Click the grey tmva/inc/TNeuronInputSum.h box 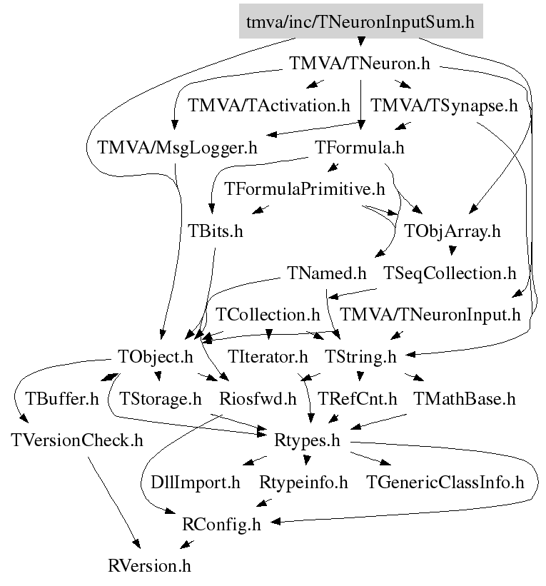click(360, 21)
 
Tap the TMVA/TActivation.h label click(269, 106)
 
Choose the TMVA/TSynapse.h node click(444, 106)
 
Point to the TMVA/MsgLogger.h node click(177, 148)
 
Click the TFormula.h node click(360, 148)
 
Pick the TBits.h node click(216, 231)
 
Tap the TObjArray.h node click(453, 231)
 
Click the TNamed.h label click(327, 273)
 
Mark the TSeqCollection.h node click(450, 273)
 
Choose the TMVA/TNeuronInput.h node click(430, 314)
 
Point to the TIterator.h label click(268, 356)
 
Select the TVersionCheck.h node click(77, 440)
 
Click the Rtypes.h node click(307, 440)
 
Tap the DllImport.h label click(196, 482)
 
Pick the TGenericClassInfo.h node click(445, 482)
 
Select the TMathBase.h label click(465, 398)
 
